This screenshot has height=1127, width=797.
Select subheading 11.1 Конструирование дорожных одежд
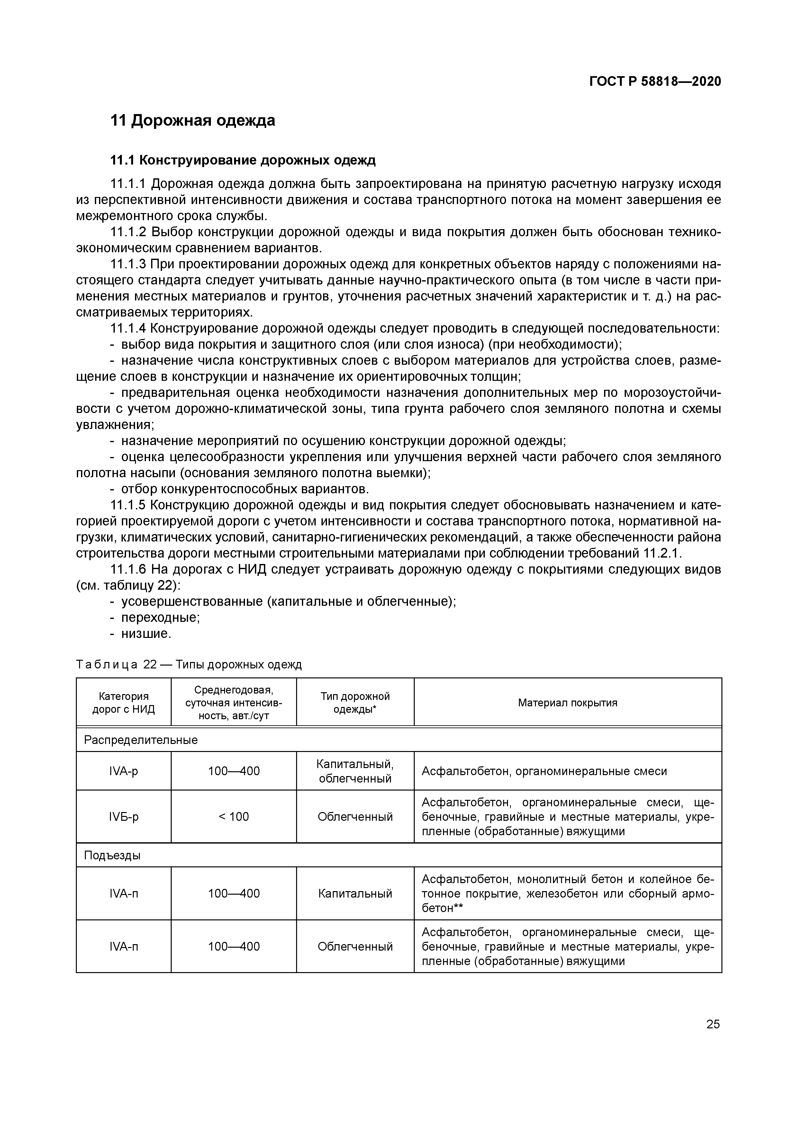click(243, 160)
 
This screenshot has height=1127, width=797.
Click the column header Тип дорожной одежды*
click(355, 702)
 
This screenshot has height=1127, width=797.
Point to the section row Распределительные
click(140, 740)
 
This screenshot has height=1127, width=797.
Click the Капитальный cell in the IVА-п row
click(355, 893)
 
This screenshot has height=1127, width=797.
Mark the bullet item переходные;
click(160, 618)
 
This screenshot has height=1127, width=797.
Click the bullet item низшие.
click(146, 634)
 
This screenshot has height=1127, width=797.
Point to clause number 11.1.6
click(128, 569)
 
